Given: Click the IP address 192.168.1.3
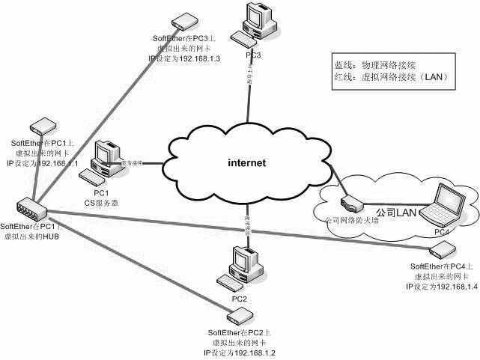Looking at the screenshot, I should click(x=197, y=58).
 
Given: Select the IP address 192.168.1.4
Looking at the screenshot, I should click(x=455, y=287).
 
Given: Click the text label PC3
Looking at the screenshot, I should click(x=252, y=55).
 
